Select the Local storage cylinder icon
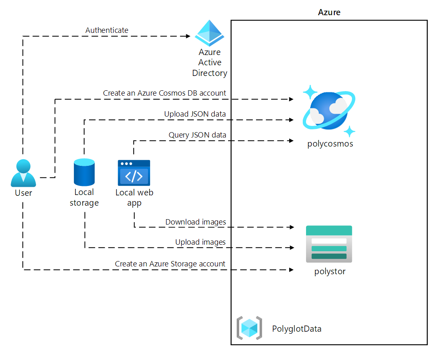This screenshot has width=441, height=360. (x=84, y=172)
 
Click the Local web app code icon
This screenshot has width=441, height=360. (x=134, y=172)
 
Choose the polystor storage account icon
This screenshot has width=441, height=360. (x=329, y=244)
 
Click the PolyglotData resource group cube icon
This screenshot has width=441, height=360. (x=249, y=328)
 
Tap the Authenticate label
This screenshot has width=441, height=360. (x=107, y=30)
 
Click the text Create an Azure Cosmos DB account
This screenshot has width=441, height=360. (x=164, y=93)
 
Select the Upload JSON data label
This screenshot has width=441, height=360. (x=195, y=114)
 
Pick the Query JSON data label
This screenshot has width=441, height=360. (x=197, y=135)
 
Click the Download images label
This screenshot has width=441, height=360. (x=196, y=222)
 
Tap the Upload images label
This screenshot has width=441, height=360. (x=201, y=242)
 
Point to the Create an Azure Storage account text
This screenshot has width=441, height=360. (x=170, y=264)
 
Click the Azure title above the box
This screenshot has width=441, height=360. (x=329, y=12)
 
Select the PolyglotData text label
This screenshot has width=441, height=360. (x=297, y=329)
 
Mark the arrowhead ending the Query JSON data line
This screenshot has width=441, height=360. (x=291, y=141)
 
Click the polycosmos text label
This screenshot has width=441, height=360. (x=330, y=144)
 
